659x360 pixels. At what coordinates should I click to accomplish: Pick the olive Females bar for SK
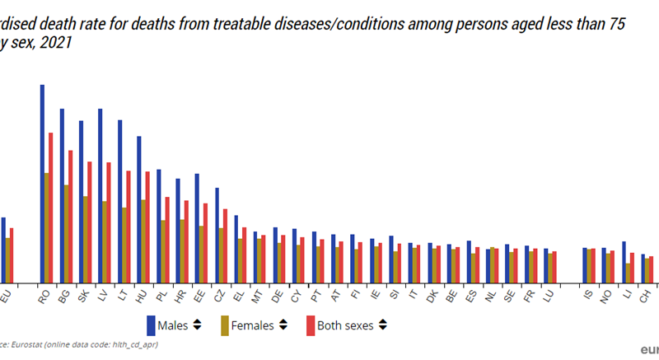point(85,239)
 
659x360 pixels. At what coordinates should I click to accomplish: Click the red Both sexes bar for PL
point(166,239)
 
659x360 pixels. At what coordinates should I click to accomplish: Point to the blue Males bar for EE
point(197,227)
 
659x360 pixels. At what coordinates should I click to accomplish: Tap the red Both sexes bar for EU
point(12,255)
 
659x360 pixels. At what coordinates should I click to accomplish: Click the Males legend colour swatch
point(152,325)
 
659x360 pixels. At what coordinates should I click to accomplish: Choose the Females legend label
point(253,325)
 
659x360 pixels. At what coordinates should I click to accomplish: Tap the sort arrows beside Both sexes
point(383,325)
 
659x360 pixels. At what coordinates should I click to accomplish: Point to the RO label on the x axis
point(44,294)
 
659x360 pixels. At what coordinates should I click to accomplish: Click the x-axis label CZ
point(218,294)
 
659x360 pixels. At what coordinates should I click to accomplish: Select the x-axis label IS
point(587,294)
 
